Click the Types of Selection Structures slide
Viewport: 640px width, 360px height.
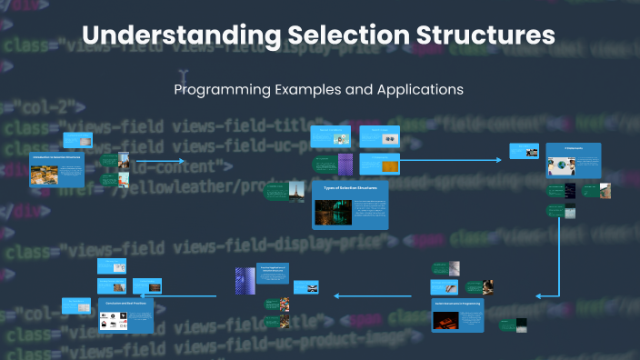pyautogui.click(x=350, y=205)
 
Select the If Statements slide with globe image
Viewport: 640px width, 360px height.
pyautogui.click(x=573, y=160)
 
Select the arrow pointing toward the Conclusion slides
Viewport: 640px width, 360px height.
pyautogui.click(x=191, y=295)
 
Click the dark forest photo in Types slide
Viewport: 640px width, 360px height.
pyautogui.click(x=334, y=213)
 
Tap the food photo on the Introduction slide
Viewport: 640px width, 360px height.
pyautogui.click(x=43, y=175)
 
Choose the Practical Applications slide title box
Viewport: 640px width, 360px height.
pyautogui.click(x=272, y=272)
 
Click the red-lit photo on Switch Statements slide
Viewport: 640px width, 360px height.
pyautogui.click(x=446, y=320)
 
